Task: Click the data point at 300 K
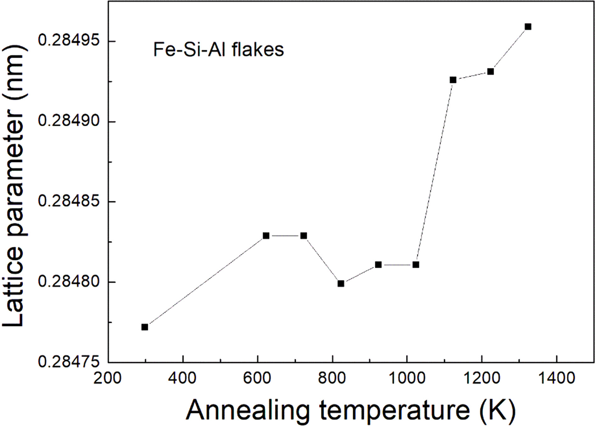click(x=145, y=327)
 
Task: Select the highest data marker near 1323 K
click(x=528, y=27)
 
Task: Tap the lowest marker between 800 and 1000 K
click(x=341, y=284)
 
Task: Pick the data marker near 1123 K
click(x=453, y=80)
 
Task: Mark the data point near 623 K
click(x=266, y=236)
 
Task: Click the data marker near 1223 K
click(x=491, y=72)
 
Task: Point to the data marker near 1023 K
click(x=416, y=265)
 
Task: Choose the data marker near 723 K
click(x=304, y=236)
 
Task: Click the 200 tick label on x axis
click(x=108, y=378)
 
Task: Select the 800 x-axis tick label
click(x=332, y=378)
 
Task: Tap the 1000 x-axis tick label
click(x=407, y=378)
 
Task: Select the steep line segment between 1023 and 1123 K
click(x=435, y=172)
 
